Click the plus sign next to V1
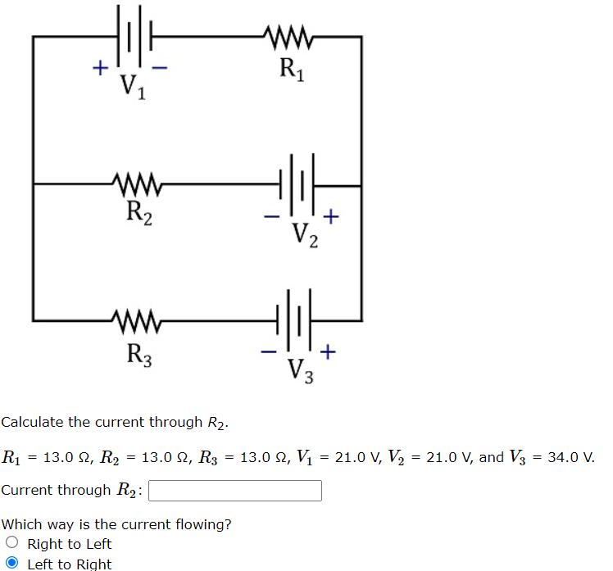pos(98,69)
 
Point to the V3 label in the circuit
pos(300,370)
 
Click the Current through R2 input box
pos(234,490)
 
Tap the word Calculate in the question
pos(32,422)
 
